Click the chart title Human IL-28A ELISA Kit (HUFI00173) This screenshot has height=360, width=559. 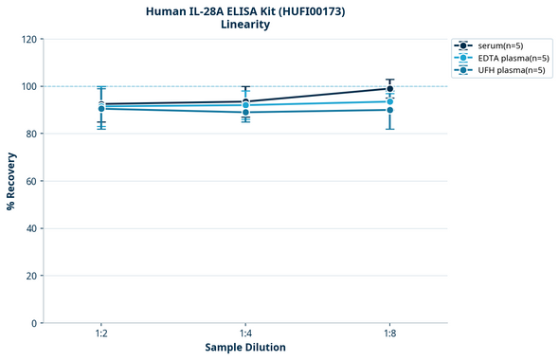tap(245, 10)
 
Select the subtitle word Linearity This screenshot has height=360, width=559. tap(245, 25)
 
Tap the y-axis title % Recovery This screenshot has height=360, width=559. tap(11, 181)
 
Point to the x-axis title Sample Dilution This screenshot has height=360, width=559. tap(245, 348)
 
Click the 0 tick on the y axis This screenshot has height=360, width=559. tap(34, 323)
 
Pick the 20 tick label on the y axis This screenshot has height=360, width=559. tap(31, 276)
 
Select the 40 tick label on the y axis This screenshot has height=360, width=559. tap(31, 228)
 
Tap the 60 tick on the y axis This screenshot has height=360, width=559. tap(31, 181)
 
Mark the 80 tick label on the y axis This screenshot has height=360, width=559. tap(31, 134)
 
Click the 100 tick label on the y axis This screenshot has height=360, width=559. tap(28, 86)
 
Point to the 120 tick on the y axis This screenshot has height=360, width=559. tap(28, 39)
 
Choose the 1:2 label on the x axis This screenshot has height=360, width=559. tap(101, 333)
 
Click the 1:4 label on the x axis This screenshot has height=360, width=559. tap(245, 333)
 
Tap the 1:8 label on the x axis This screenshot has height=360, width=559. tap(389, 333)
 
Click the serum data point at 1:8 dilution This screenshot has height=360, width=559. tap(389, 89)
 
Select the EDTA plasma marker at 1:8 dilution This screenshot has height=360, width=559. tap(389, 101)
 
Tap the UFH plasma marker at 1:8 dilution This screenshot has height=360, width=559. tap(389, 110)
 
